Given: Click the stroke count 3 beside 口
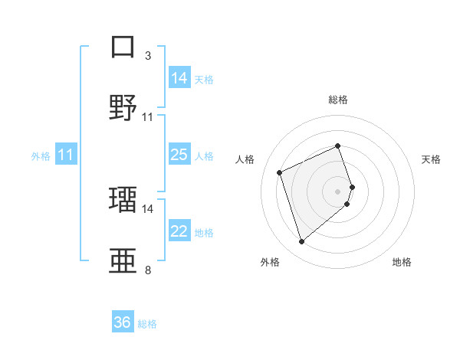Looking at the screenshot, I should [147, 56].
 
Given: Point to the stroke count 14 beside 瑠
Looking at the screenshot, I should [147, 208].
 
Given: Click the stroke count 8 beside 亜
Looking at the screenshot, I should [147, 270].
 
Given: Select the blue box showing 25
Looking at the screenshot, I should [179, 155].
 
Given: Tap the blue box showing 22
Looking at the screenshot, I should [179, 232].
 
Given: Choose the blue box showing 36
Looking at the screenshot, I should [123, 323].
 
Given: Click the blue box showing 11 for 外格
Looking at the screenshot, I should [66, 155].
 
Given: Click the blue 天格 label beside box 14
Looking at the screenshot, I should [204, 80].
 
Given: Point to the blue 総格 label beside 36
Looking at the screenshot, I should [147, 324].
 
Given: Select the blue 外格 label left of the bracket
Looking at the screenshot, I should [41, 156].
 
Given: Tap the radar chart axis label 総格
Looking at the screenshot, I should [338, 100].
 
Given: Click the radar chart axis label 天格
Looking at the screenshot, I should [431, 159].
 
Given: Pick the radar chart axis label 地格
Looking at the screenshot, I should [402, 262].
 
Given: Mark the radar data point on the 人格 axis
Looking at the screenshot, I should [280, 172].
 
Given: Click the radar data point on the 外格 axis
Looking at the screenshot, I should [301, 242].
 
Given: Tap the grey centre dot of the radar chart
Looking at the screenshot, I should [338, 191].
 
